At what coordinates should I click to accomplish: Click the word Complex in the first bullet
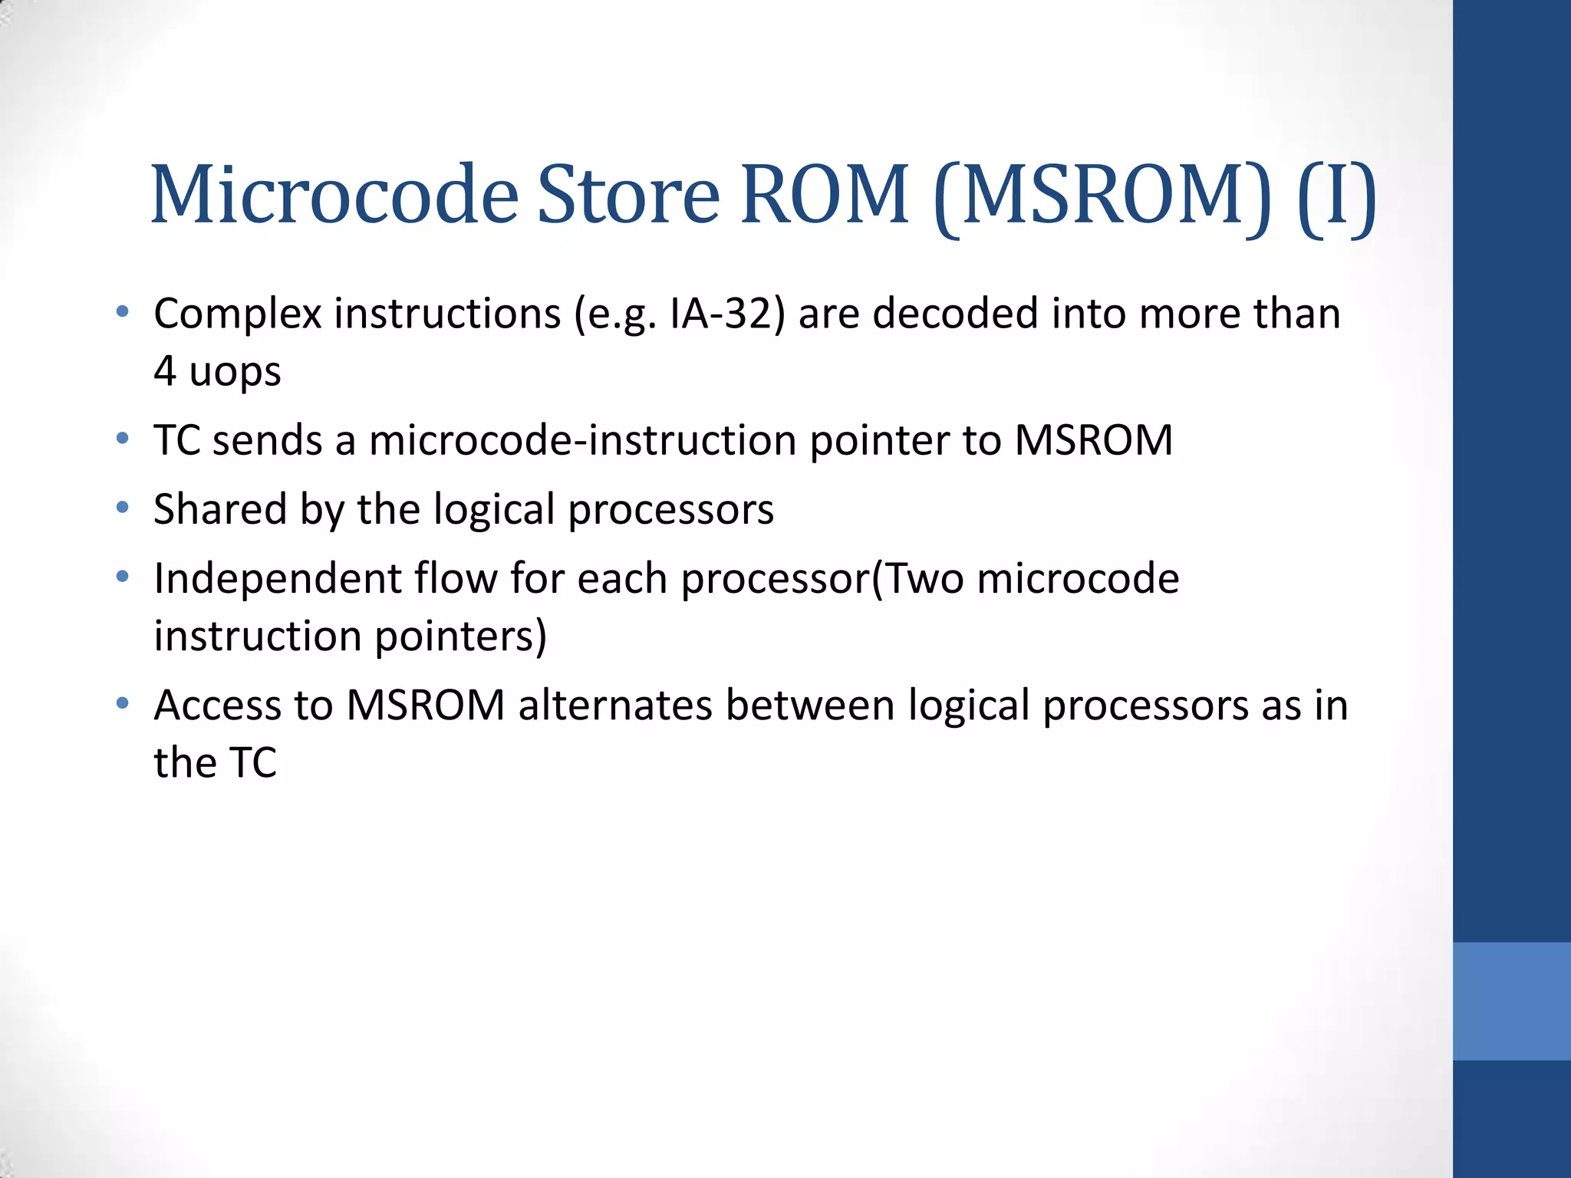point(237,314)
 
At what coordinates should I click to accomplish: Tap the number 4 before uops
point(164,372)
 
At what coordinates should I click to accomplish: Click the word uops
point(235,372)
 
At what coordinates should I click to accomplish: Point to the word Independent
point(277,579)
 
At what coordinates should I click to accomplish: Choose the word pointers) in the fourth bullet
point(461,637)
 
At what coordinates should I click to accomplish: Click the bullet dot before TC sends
point(122,439)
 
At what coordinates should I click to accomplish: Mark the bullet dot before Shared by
point(122,508)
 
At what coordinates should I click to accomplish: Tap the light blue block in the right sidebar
point(1511,1001)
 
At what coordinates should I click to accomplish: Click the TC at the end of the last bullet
point(253,763)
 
